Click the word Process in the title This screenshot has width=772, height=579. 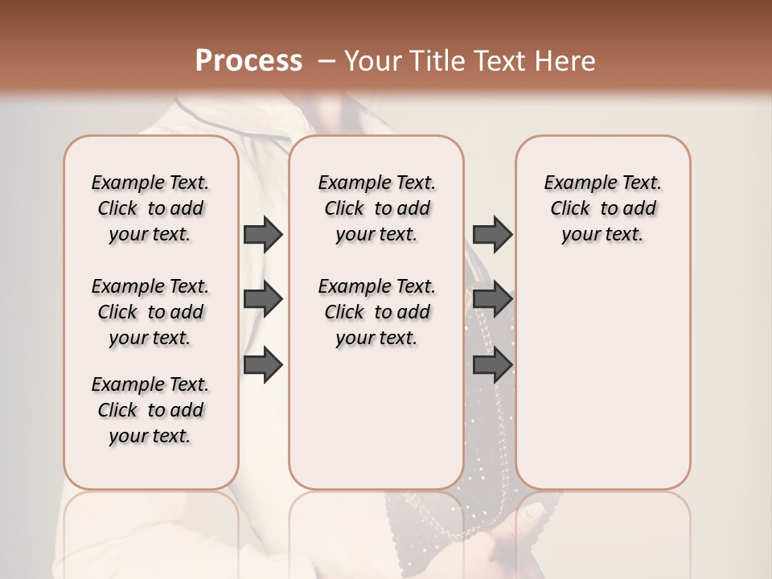click(248, 61)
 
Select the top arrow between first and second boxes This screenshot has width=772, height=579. click(263, 234)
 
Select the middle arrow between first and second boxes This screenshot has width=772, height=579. click(263, 299)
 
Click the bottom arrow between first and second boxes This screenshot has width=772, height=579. click(263, 365)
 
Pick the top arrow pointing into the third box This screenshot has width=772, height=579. click(492, 234)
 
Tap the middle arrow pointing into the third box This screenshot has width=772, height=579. click(492, 299)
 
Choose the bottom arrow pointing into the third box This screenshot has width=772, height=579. click(492, 365)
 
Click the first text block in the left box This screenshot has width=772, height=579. click(150, 208)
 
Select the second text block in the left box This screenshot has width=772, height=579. click(150, 312)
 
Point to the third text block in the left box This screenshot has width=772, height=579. click(150, 410)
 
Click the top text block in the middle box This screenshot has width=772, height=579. click(376, 208)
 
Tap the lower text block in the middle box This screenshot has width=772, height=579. click(376, 312)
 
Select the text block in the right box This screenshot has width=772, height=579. click(602, 208)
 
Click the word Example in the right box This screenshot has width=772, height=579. click(574, 183)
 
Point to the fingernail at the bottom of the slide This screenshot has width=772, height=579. click(532, 512)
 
